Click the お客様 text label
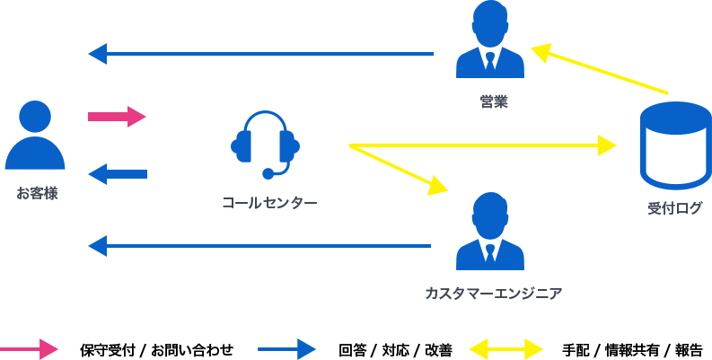tap(37, 192)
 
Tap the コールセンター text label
tap(269, 203)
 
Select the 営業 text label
tap(494, 101)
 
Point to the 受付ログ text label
tap(675, 208)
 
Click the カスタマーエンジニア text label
tap(493, 293)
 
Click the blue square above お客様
tap(35, 135)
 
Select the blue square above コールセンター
tap(265, 145)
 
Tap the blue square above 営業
tap(489, 40)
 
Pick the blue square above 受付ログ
tap(675, 145)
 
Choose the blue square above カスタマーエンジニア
tap(489, 230)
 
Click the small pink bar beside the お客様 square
tap(117, 116)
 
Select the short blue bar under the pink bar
tap(118, 174)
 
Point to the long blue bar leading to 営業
tap(260, 54)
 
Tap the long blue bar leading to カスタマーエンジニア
tap(259, 246)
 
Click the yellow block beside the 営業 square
tap(599, 68)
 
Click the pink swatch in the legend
tap(30, 348)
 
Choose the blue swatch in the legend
tap(286, 348)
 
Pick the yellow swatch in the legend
tap(505, 348)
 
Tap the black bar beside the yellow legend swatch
tap(631, 350)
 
